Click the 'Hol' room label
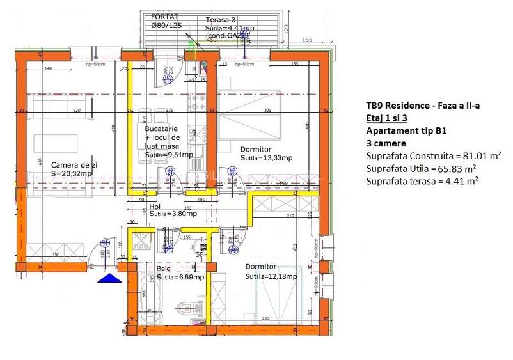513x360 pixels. [x=154, y=207]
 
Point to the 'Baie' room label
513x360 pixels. [x=164, y=269]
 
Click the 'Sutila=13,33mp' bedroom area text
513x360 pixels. [x=266, y=158]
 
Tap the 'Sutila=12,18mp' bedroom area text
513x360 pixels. [x=271, y=276]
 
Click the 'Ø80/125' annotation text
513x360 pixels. [x=166, y=26]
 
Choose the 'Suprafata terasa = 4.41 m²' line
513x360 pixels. [x=423, y=181]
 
